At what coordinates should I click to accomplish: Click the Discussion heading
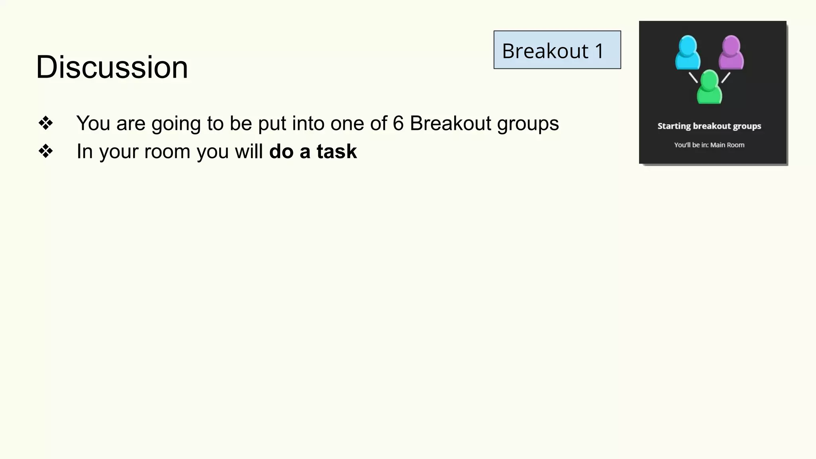click(x=112, y=67)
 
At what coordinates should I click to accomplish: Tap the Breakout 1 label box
click(x=557, y=50)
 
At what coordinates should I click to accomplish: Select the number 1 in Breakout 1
click(x=599, y=51)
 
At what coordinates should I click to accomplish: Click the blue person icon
click(x=687, y=52)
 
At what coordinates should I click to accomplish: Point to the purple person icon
click(x=731, y=52)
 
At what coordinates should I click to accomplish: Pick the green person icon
click(x=709, y=87)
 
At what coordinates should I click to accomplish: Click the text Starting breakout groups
click(x=709, y=126)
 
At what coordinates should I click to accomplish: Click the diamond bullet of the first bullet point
click(x=45, y=123)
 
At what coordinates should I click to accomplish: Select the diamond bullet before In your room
click(x=45, y=151)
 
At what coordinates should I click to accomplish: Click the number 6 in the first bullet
click(x=398, y=123)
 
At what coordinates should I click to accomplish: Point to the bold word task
click(x=337, y=151)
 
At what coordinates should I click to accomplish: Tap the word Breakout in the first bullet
click(x=450, y=123)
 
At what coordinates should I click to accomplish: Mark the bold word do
click(x=281, y=151)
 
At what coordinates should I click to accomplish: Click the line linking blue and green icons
click(x=693, y=77)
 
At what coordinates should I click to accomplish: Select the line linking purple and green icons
click(x=726, y=77)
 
